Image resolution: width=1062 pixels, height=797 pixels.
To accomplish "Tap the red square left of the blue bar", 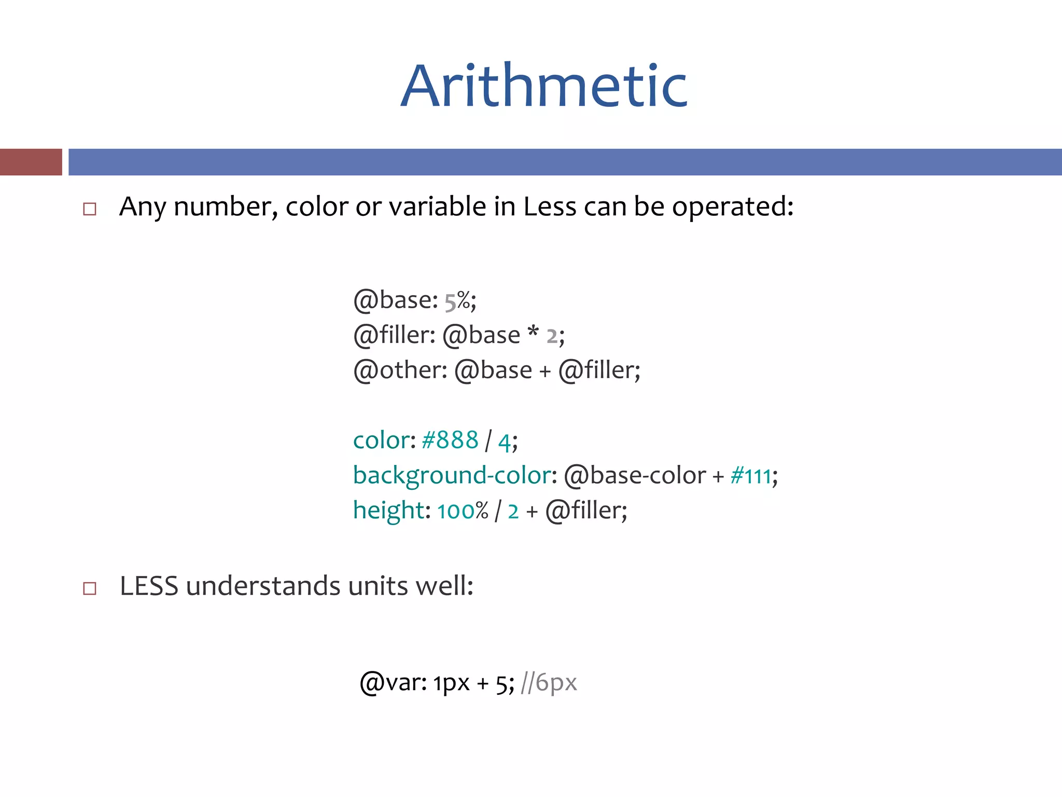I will point(31,162).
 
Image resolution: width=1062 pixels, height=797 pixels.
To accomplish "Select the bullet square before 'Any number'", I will point(90,209).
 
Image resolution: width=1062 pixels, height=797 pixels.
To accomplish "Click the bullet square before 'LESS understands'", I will point(90,588).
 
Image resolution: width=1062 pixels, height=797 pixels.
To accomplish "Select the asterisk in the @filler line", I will point(533,332).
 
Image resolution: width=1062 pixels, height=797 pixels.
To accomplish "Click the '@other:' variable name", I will point(400,370).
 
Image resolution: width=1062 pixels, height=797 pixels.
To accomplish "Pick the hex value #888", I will point(450,441).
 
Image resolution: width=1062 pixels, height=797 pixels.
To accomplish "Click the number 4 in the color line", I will point(504,442).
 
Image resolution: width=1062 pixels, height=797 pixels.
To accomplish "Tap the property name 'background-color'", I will point(451,476).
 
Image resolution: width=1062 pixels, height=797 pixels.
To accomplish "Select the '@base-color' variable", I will point(635,476).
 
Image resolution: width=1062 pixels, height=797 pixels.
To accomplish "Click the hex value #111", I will point(750,476).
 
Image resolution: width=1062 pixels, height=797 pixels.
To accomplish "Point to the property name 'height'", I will point(388,511).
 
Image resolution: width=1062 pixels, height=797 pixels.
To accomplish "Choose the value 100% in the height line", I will point(463,511).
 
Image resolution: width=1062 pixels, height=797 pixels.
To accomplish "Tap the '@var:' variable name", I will point(393,683).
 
